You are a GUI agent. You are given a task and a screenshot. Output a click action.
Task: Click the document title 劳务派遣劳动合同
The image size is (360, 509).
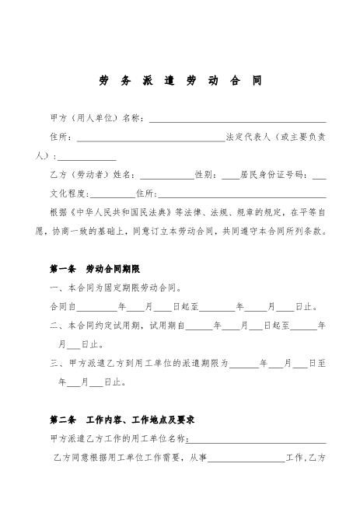click(x=180, y=81)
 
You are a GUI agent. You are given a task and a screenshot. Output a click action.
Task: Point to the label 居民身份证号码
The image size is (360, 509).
click(x=274, y=175)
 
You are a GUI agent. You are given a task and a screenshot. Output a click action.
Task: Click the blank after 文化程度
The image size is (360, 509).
click(x=113, y=193)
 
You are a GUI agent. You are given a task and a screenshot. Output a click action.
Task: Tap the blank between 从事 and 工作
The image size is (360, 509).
click(x=246, y=458)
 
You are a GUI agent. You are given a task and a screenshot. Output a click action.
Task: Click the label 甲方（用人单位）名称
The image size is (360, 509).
click(x=96, y=119)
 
